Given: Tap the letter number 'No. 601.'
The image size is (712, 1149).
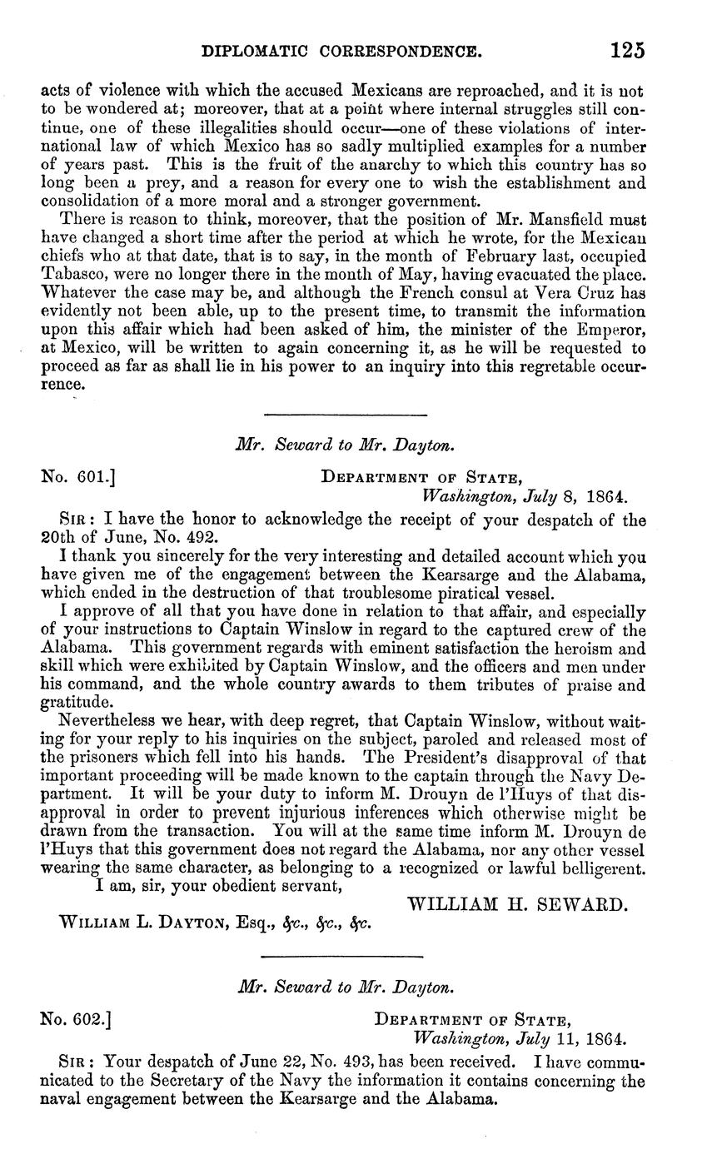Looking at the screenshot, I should point(77,477).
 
